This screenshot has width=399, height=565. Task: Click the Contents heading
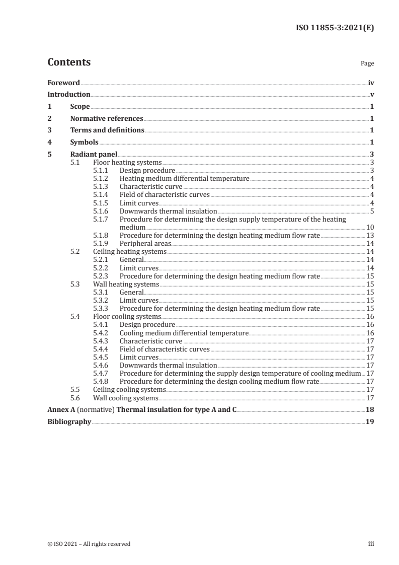pos(69,62)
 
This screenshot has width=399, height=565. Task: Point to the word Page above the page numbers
pos(367,64)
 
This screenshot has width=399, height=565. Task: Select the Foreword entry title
pos(63,83)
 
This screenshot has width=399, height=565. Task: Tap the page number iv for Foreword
pos(371,83)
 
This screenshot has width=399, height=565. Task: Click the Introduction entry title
pos(69,95)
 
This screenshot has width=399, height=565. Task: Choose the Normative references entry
pos(107,119)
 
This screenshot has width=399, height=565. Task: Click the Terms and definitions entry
pos(107,130)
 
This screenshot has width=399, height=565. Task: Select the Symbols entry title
pos(84,143)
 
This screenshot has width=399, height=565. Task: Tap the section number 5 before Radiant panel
pos(49,155)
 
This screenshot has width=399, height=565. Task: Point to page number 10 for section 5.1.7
pos(370,228)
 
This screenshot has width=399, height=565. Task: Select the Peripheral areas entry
pos(145,243)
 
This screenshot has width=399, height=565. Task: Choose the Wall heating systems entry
pos(126,284)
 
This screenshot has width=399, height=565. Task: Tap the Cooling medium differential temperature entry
pos(184,333)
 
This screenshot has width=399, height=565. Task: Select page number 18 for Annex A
pos(370,409)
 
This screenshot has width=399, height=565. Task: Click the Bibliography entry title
pos(69,421)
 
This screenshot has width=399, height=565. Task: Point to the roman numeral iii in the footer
pos(371,544)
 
